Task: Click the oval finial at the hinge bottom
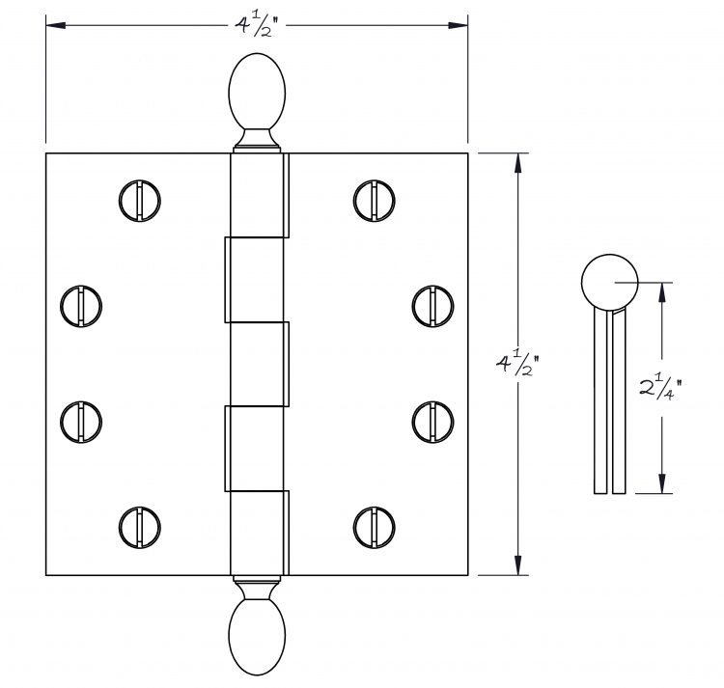[257, 636]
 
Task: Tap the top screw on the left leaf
[139, 201]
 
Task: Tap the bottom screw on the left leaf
[139, 528]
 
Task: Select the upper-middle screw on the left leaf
[81, 306]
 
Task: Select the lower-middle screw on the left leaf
[81, 422]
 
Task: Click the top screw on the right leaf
[374, 201]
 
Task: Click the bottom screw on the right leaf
[374, 528]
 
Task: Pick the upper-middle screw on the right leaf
[432, 306]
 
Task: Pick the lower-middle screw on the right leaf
[432, 422]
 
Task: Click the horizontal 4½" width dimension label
[257, 25]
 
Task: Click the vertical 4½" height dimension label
[517, 364]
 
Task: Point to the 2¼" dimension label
[660, 388]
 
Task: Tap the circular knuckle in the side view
[609, 282]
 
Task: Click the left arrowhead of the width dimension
[55, 25]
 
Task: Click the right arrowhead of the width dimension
[458, 25]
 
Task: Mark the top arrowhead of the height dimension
[518, 163]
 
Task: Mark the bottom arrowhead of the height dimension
[518, 565]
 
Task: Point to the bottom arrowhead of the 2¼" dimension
[662, 483]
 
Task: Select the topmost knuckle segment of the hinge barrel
[259, 196]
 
